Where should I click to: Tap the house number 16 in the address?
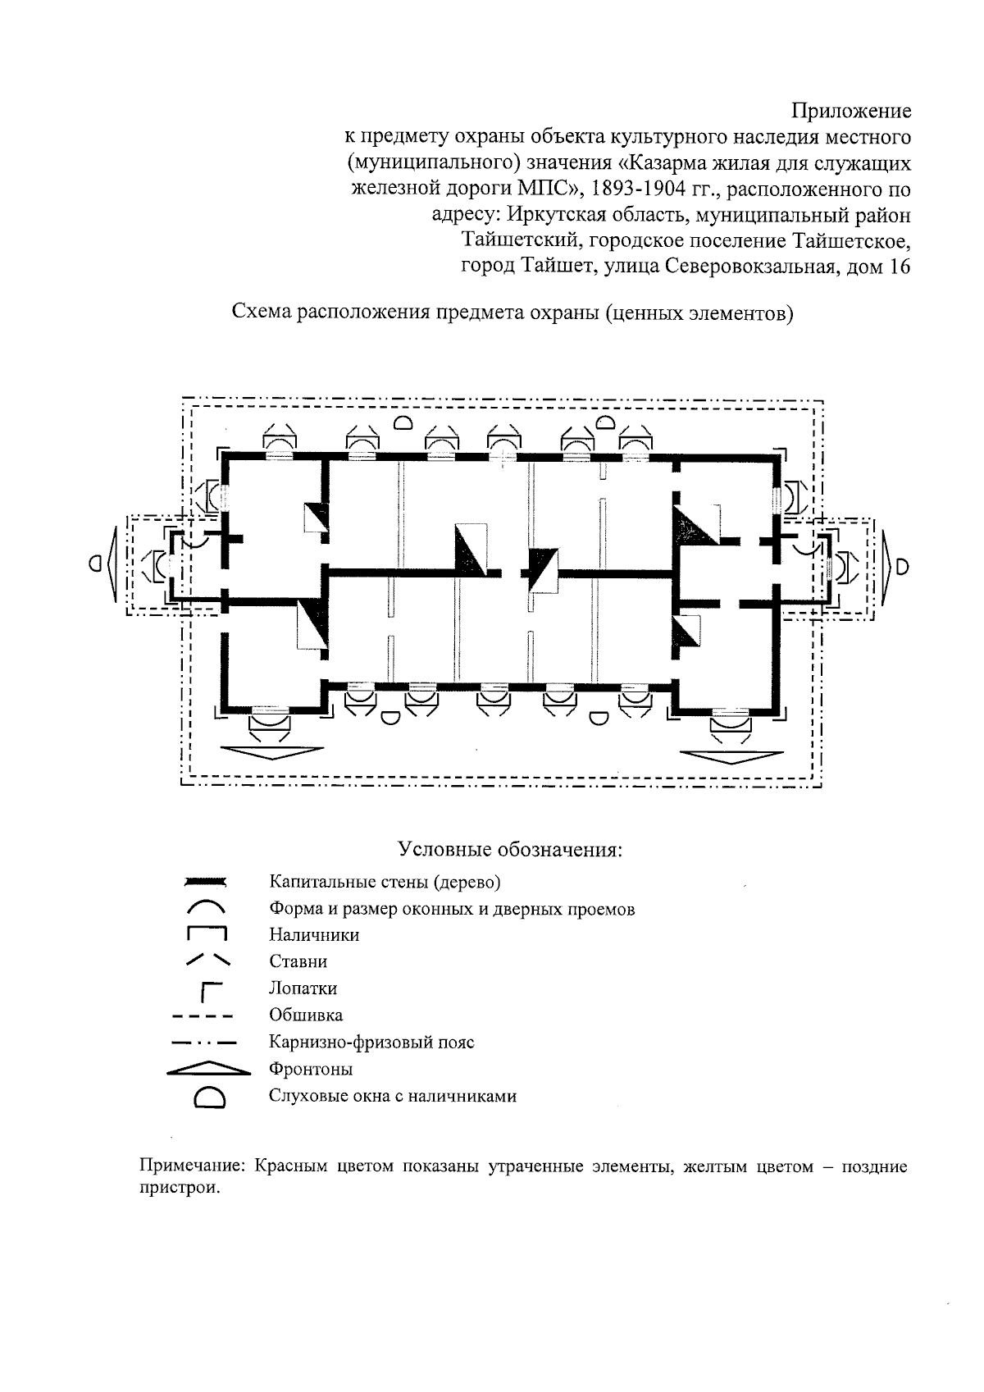click(x=899, y=267)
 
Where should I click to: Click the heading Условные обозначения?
click(x=510, y=848)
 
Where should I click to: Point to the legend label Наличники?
click(x=314, y=935)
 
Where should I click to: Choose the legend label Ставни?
click(x=298, y=961)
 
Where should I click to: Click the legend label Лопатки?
click(x=303, y=988)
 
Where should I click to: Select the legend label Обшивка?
click(x=306, y=1015)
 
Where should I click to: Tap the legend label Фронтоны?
click(x=311, y=1070)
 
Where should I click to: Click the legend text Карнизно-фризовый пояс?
click(x=371, y=1043)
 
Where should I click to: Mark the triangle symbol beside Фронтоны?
click(x=208, y=1069)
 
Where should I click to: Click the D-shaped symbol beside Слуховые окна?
click(x=209, y=1098)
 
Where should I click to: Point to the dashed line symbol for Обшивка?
click(x=203, y=1016)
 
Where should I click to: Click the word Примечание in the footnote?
click(x=193, y=1166)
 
